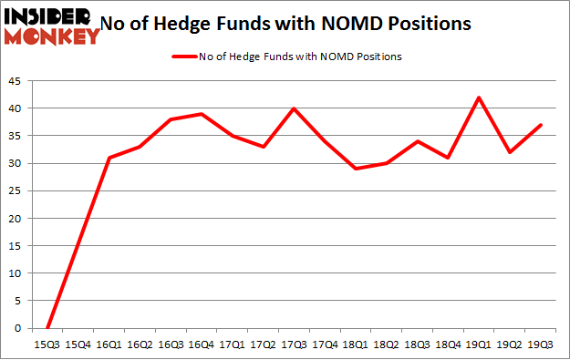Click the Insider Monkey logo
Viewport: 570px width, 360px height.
pos(51,25)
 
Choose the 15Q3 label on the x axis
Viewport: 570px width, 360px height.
pos(47,345)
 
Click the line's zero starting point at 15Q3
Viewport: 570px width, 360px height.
pos(47,328)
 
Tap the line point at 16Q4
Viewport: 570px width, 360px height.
pos(202,114)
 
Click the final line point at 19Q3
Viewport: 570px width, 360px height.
pos(542,125)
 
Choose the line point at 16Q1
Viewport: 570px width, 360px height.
pos(109,158)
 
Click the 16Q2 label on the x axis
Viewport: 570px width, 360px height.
pos(140,345)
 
